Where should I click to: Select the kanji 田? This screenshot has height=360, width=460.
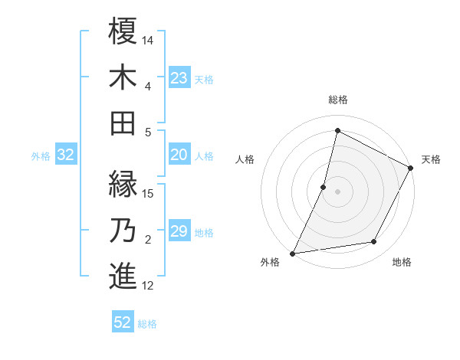123,123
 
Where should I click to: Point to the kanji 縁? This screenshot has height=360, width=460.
123,184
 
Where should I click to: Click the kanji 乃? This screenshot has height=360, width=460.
123,230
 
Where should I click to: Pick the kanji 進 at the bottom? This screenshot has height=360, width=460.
123,276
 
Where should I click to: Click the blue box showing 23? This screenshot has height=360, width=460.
179,77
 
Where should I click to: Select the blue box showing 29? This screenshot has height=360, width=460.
179,231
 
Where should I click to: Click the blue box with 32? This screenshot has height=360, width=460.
65,155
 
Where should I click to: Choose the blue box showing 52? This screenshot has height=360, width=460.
123,322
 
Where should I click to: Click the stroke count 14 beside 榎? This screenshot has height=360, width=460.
149,39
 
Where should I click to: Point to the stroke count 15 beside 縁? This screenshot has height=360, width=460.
149,193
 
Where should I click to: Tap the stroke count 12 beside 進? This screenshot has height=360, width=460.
149,286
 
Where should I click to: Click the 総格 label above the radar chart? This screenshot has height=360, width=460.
338,100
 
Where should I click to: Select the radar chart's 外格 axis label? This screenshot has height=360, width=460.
270,263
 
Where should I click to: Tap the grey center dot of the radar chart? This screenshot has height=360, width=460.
337,191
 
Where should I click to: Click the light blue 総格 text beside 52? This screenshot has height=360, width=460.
147,324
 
